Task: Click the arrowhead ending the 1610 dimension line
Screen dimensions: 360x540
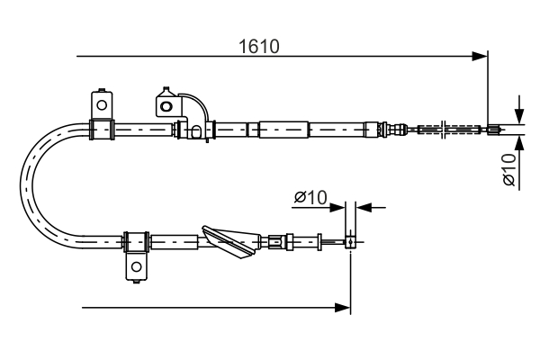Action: tap(481, 57)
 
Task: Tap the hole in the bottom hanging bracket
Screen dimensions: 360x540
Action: tap(136, 267)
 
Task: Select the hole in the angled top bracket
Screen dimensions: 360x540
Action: tap(166, 105)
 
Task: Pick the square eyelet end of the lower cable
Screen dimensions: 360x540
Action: tap(350, 240)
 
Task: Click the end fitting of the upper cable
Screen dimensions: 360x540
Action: tap(493, 130)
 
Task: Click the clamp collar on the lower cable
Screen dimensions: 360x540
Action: tap(136, 241)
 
